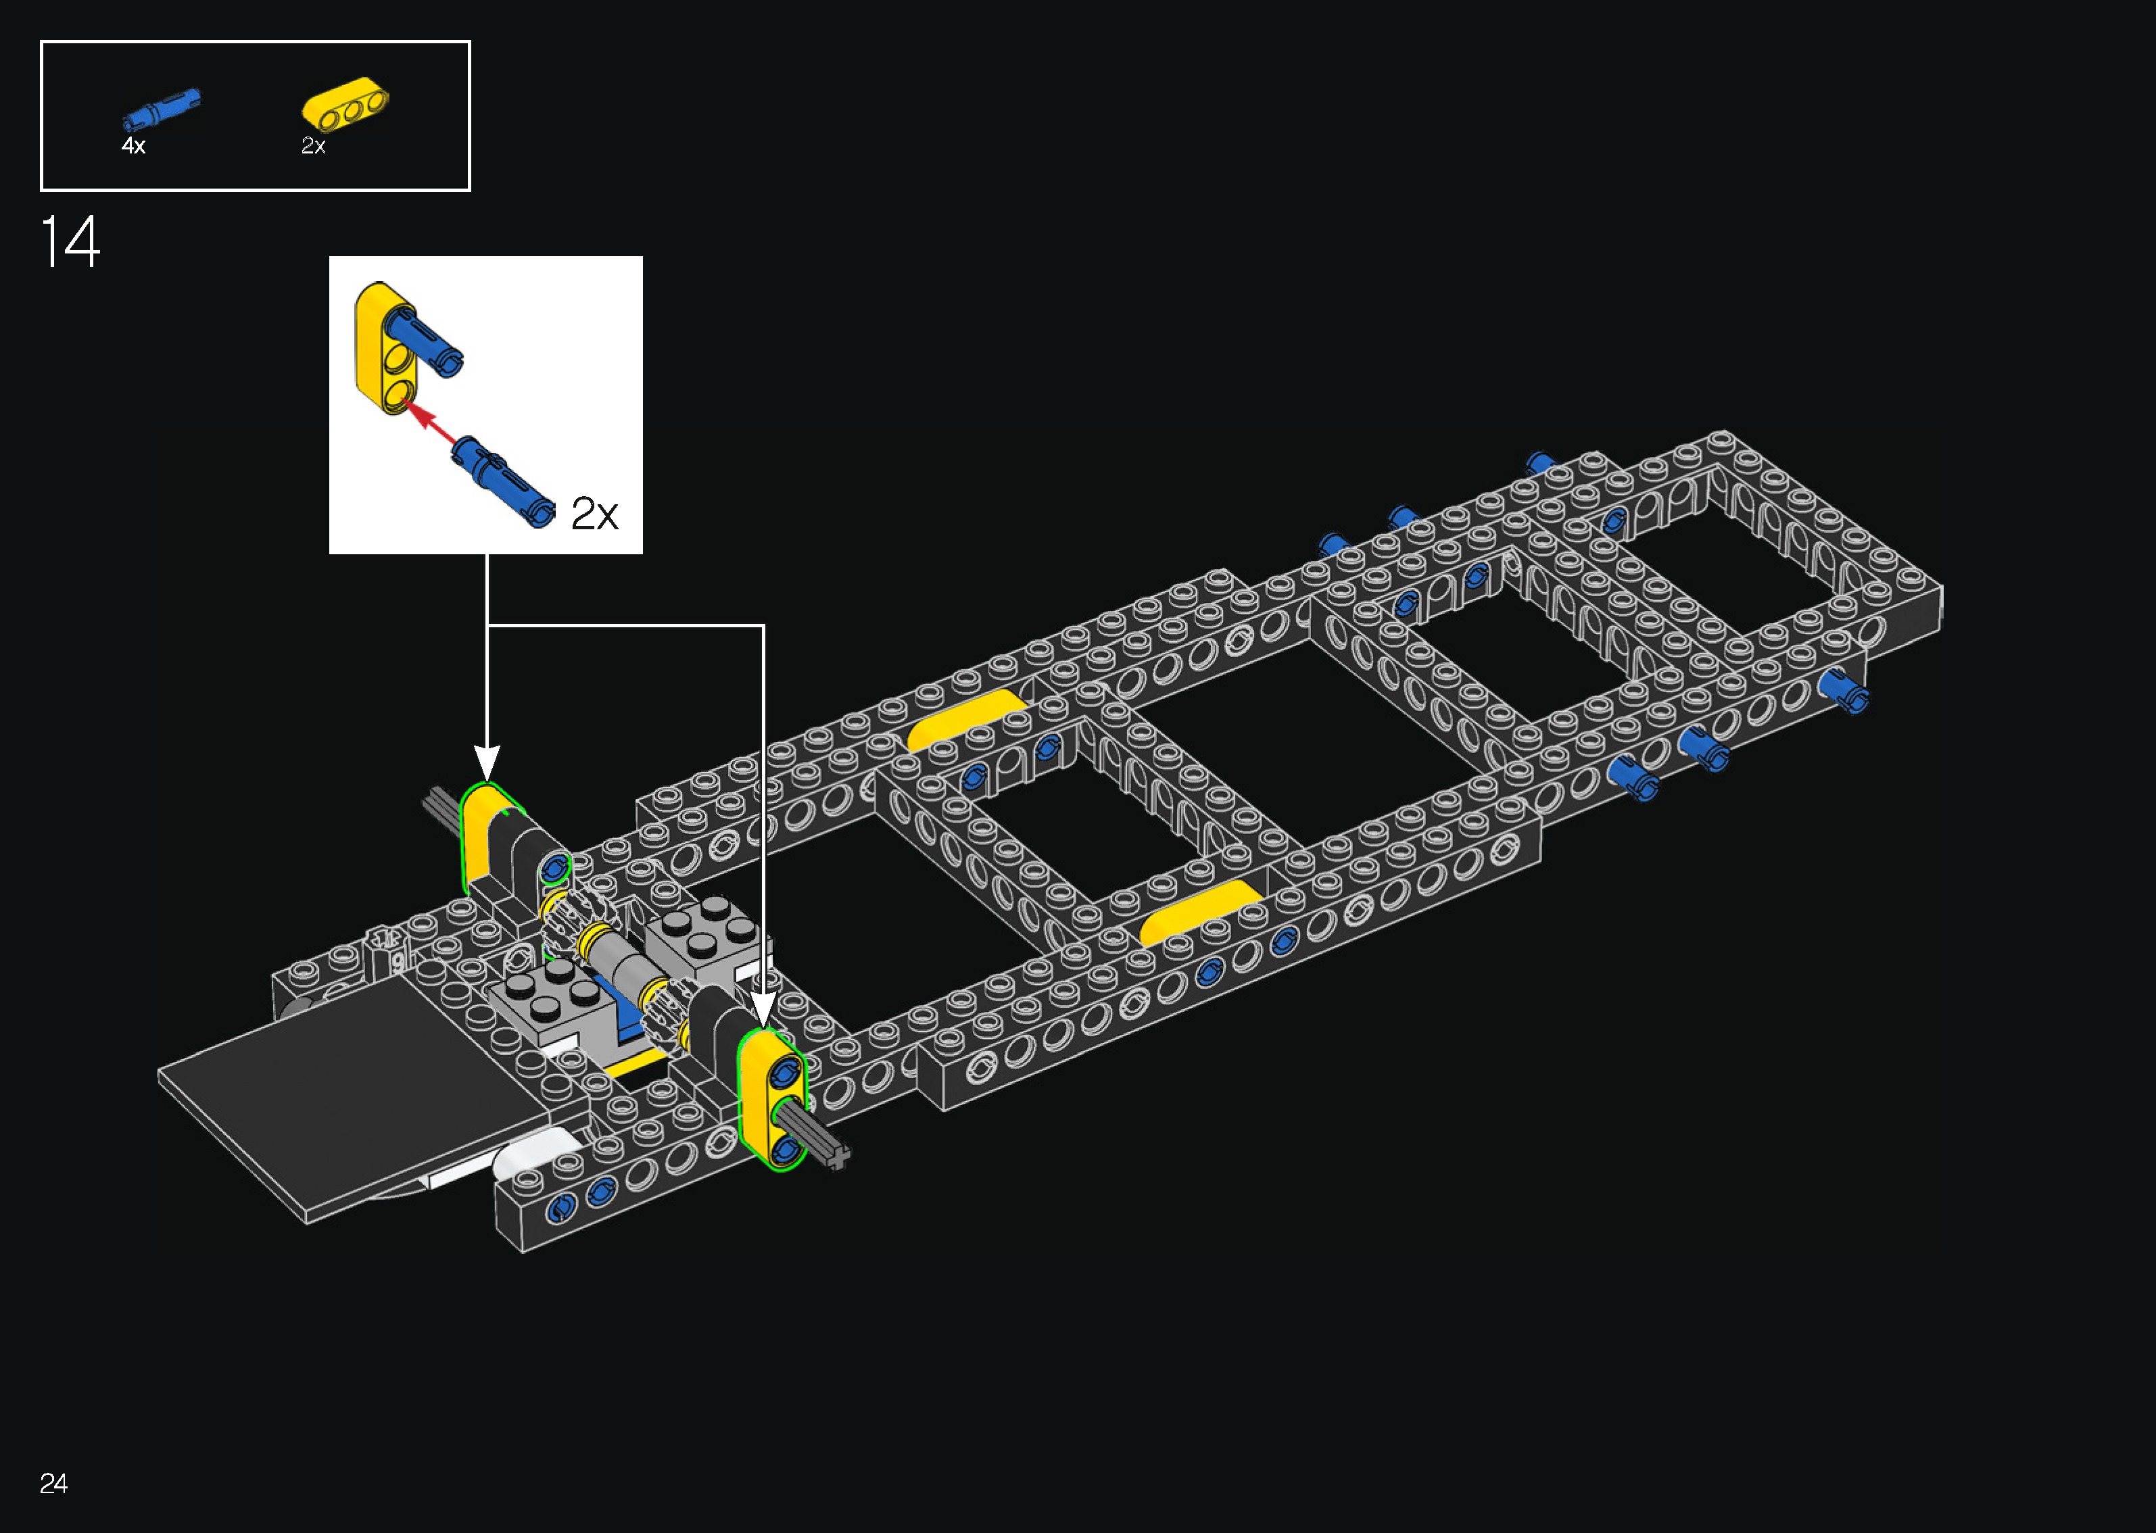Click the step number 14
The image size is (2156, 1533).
pos(70,242)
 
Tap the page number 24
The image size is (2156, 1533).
pos(54,1483)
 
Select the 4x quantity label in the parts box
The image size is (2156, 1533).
pos(133,145)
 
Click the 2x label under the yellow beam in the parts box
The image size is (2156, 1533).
pos(314,145)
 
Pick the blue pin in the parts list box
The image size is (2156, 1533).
pos(160,109)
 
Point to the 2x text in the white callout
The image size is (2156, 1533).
pos(595,514)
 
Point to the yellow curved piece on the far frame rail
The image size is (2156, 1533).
pos(965,717)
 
